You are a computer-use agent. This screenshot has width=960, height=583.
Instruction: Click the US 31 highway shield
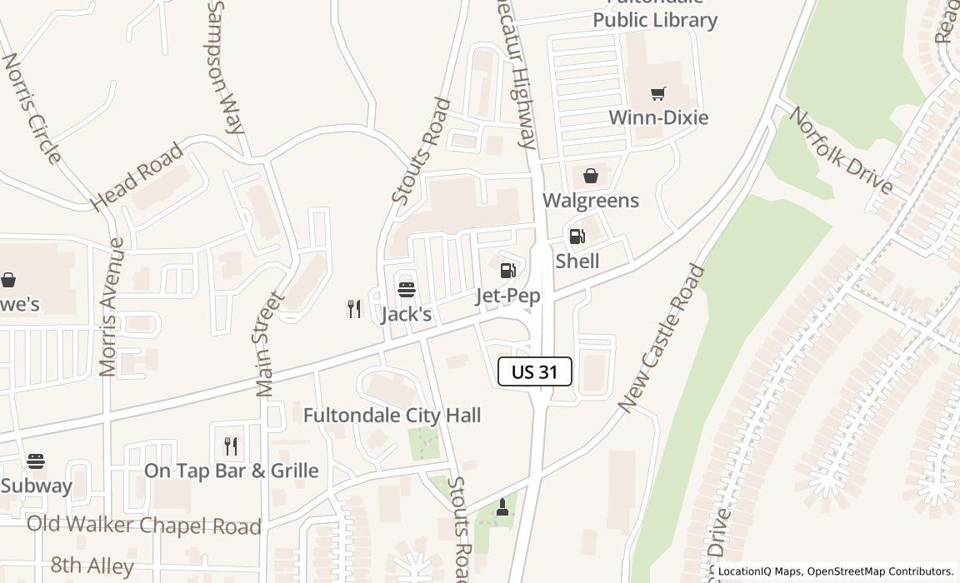tap(534, 371)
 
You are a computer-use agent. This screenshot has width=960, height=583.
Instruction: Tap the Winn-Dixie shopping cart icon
tap(658, 93)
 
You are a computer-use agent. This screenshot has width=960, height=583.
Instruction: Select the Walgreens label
tap(591, 201)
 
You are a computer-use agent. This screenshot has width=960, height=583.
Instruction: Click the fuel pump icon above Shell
tap(577, 237)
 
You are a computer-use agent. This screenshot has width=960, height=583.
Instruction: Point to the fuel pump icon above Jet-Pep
tap(507, 271)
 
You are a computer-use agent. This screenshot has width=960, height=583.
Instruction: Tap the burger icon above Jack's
tap(407, 290)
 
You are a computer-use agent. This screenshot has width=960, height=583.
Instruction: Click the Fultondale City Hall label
tap(392, 415)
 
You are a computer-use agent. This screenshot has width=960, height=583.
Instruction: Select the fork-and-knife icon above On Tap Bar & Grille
tap(231, 446)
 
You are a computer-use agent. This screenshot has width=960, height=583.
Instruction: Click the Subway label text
tap(37, 486)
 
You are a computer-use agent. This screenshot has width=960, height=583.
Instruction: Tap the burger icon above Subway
tap(35, 461)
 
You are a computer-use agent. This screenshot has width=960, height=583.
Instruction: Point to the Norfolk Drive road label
tap(840, 151)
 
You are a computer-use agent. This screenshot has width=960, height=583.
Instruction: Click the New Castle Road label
tap(662, 338)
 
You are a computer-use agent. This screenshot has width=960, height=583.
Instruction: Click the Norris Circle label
tap(32, 108)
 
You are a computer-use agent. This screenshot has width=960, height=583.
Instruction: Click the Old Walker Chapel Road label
tap(143, 526)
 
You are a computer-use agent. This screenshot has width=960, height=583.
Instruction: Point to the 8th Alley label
tap(92, 566)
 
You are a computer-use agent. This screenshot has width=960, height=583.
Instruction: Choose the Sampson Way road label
tap(225, 67)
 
